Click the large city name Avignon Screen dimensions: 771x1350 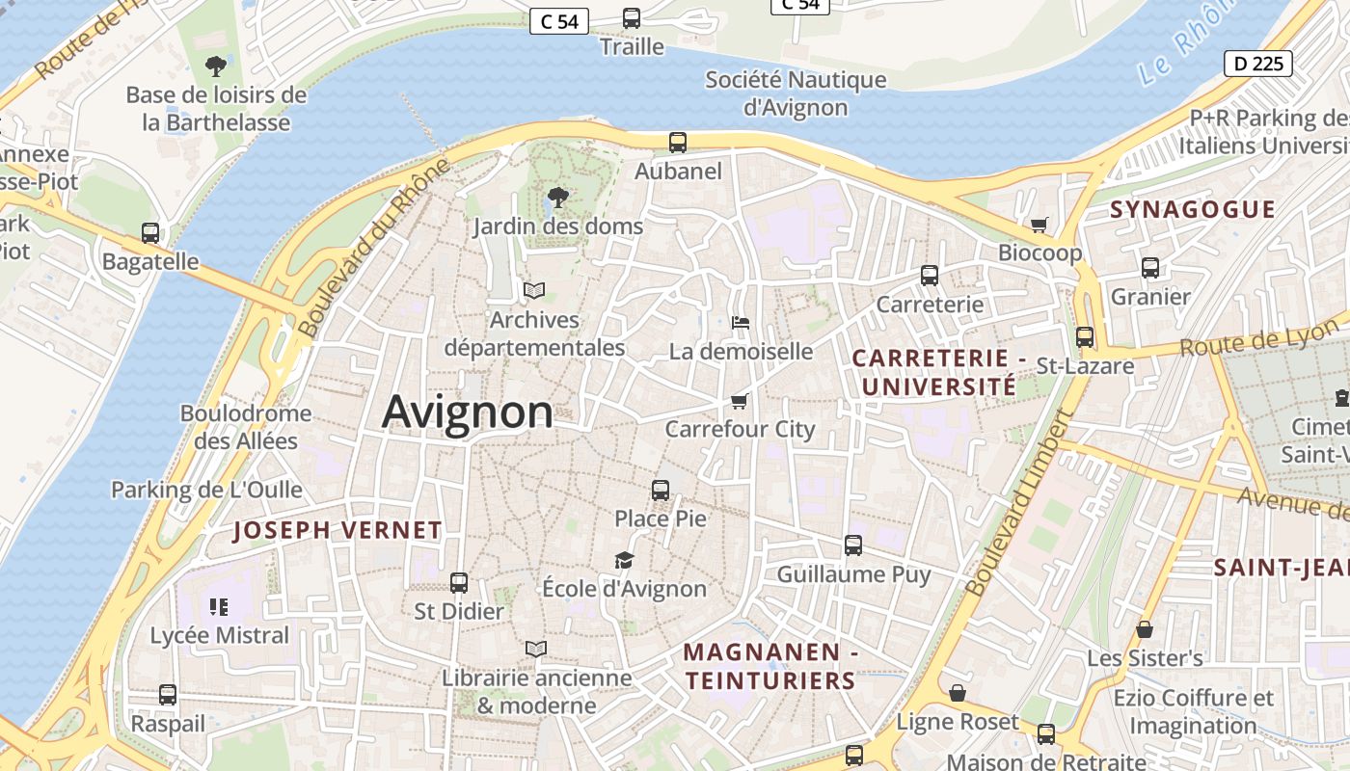point(468,412)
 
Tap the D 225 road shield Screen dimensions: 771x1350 point(1258,64)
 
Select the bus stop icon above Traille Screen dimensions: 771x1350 point(632,18)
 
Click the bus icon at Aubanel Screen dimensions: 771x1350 point(678,143)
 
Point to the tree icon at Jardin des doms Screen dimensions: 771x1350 point(557,198)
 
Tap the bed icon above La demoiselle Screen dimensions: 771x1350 point(740,322)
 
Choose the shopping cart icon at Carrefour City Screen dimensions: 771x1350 point(740,400)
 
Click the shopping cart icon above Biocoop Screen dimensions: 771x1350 point(1039,225)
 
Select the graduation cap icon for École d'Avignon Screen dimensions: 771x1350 point(624,560)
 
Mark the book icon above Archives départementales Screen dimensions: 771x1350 point(533,290)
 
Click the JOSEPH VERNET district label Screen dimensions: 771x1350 point(337,530)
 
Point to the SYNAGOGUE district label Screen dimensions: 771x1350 point(1192,209)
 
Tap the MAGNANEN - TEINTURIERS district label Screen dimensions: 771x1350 point(770,666)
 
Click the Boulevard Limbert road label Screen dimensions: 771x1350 point(1019,502)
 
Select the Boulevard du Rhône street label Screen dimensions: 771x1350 point(373,248)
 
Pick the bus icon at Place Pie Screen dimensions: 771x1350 point(661,491)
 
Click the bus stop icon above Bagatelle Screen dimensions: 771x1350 point(150,233)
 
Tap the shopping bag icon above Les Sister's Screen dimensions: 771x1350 point(1145,629)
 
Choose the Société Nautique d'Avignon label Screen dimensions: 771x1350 point(796,93)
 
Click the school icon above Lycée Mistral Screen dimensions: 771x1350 point(219,606)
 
